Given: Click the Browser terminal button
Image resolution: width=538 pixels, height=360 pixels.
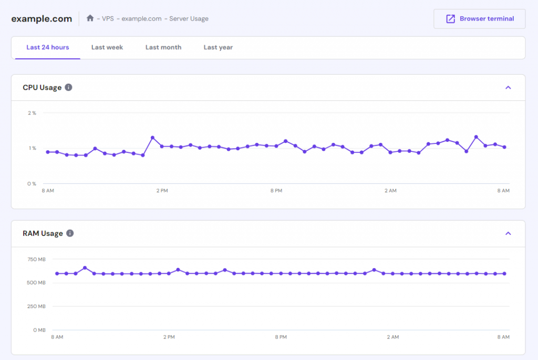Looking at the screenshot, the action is (479, 19).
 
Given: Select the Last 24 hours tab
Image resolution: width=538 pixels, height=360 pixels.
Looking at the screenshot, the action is (48, 47).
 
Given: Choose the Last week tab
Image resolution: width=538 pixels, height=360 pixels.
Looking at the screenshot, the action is (107, 47).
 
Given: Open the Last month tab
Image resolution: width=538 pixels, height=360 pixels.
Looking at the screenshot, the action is (163, 47).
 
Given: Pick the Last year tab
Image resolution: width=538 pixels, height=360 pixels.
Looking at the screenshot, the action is (218, 47).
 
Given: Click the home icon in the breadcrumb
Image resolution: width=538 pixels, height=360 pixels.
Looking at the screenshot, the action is (90, 18).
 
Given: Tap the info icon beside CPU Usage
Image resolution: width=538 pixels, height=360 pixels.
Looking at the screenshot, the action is (69, 88).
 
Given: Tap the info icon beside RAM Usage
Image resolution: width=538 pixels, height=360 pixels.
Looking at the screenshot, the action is (70, 233).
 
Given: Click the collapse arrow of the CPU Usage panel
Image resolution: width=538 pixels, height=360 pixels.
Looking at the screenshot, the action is (508, 88).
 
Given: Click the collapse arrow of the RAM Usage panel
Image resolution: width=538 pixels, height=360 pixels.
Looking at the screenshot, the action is (508, 233).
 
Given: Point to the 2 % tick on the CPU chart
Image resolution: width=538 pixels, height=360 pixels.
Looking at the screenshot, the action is (32, 113).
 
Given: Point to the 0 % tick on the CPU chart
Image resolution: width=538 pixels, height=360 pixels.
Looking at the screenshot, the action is (32, 183).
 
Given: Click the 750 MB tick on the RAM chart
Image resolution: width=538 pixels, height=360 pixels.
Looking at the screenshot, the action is (36, 260).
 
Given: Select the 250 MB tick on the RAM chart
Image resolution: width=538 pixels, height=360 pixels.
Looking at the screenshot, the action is (36, 306).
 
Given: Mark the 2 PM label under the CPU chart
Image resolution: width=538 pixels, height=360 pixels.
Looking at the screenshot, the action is (162, 190).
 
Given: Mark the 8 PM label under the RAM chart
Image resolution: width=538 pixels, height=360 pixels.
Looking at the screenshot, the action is (281, 337).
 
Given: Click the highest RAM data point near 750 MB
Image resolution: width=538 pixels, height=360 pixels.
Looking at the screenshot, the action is (85, 268).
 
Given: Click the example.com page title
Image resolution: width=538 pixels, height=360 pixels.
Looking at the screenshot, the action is (42, 19).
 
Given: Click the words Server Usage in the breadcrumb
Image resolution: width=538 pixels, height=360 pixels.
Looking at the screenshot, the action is (189, 18).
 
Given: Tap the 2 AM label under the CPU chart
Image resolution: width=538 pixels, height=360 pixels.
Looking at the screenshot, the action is (390, 190).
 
